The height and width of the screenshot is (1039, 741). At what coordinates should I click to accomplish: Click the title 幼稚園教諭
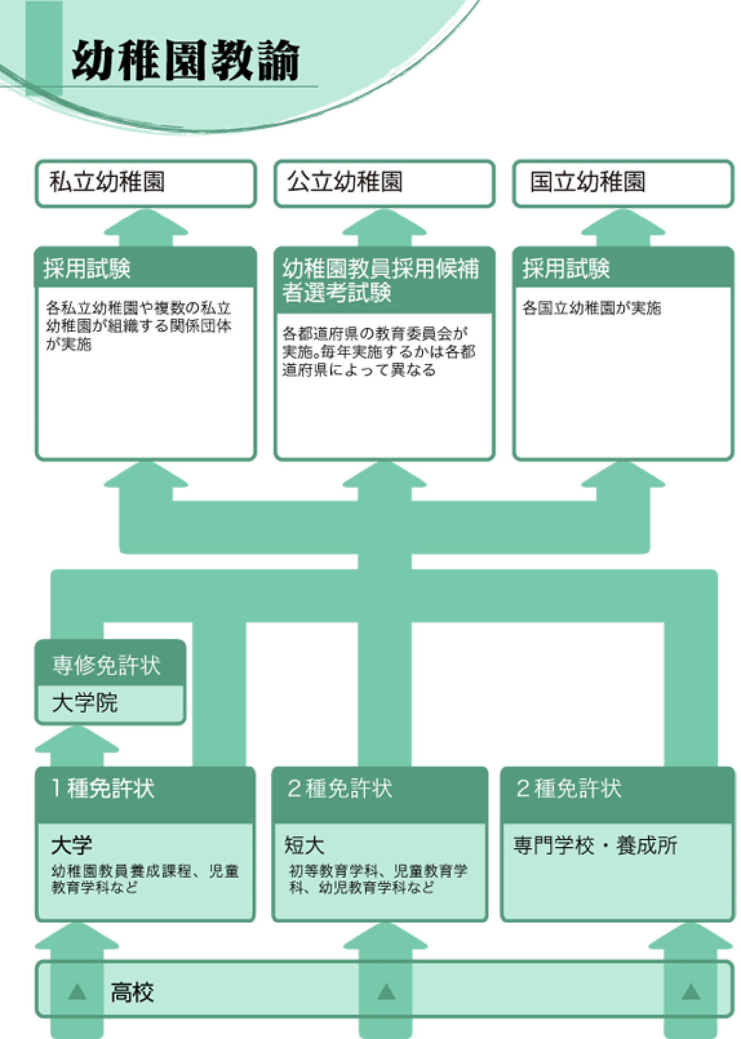(x=186, y=60)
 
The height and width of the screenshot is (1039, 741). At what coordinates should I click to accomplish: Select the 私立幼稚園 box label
(x=107, y=182)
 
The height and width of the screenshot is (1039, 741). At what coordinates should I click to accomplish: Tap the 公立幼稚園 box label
(x=345, y=182)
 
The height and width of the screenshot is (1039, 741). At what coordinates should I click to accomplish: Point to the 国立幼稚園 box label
(x=588, y=182)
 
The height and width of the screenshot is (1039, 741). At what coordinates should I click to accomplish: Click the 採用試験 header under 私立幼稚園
(x=87, y=268)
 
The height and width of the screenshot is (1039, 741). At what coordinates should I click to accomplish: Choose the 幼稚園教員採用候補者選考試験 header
(x=381, y=280)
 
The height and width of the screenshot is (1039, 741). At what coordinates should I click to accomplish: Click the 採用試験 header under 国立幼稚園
(x=566, y=268)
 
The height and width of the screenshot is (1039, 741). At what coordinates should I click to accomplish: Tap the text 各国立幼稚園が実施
(x=591, y=308)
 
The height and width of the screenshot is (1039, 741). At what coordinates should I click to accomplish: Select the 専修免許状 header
(x=106, y=665)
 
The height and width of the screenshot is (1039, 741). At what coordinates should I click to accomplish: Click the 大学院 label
(x=85, y=703)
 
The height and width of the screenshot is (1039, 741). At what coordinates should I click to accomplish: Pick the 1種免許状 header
(x=103, y=788)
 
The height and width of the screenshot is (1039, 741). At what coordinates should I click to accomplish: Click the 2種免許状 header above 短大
(x=340, y=788)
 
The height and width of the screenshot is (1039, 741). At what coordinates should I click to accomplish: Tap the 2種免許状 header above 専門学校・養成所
(x=569, y=788)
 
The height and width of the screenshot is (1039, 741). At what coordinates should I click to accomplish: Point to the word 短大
(x=304, y=845)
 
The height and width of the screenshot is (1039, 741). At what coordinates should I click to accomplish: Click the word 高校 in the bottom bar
(x=133, y=992)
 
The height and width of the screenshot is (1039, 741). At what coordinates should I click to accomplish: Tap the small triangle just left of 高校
(x=77, y=991)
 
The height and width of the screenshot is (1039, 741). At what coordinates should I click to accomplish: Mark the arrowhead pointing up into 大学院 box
(x=77, y=738)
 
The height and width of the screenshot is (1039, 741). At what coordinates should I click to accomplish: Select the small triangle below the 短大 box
(x=387, y=991)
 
